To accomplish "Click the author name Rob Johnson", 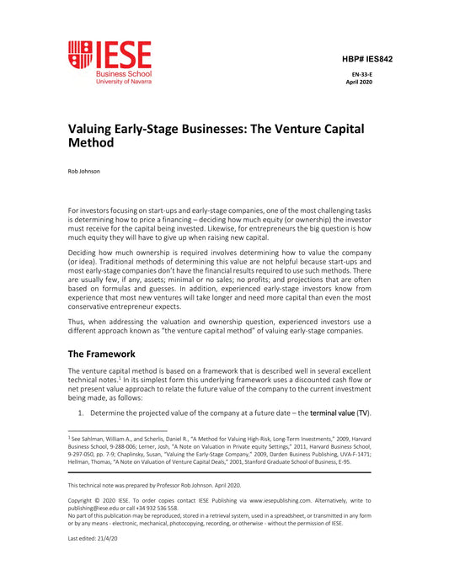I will coord(83,171).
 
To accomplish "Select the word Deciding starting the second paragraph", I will coord(84,251).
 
